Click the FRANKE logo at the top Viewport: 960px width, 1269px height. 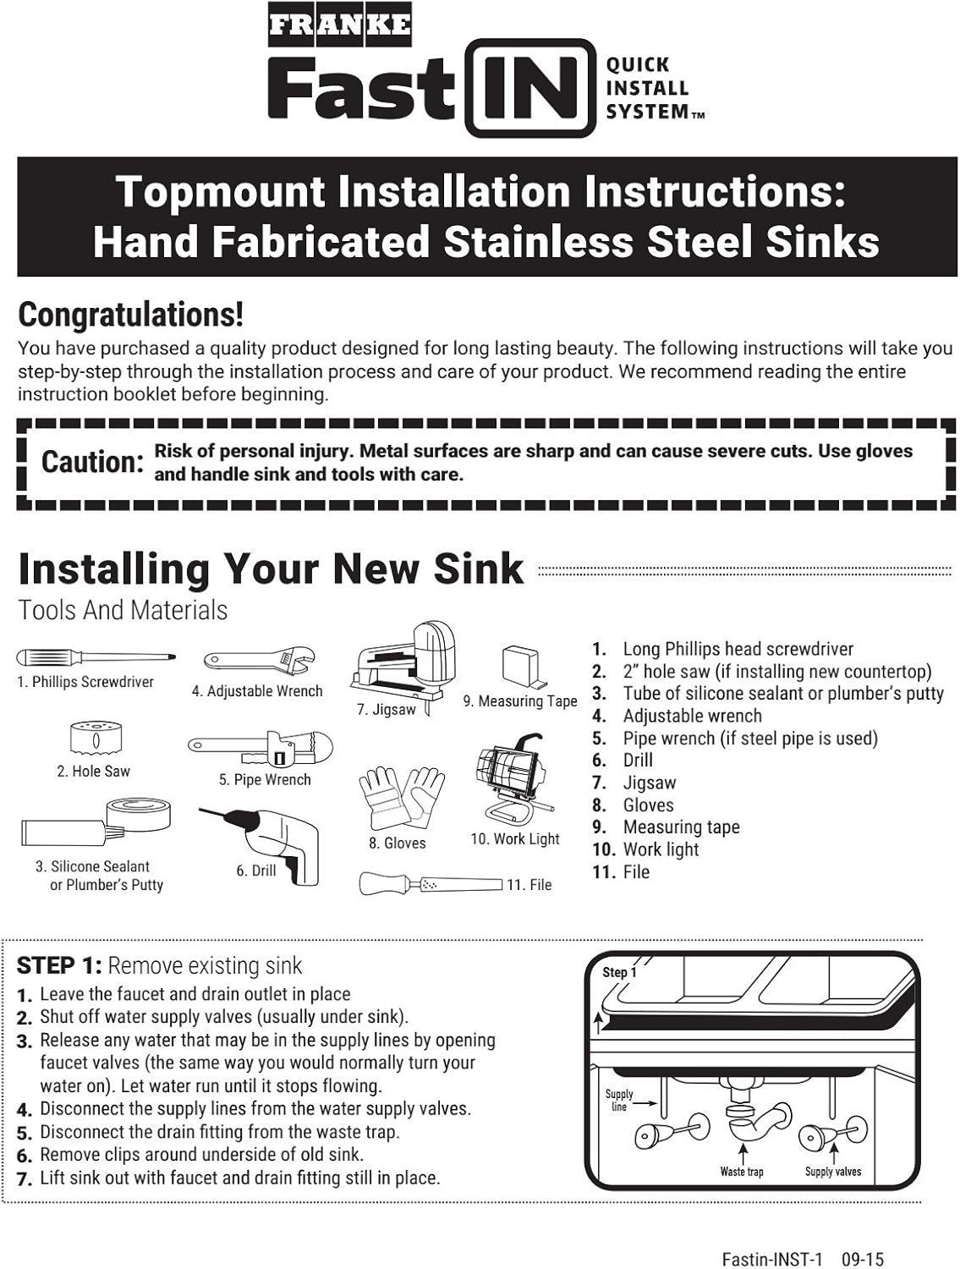click(x=339, y=25)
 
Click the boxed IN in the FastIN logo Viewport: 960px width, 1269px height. click(x=530, y=88)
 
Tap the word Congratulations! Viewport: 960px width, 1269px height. click(x=130, y=315)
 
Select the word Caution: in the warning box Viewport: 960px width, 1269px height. click(x=92, y=462)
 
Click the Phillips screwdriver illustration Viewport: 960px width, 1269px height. click(x=96, y=657)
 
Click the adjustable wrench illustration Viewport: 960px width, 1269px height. click(x=259, y=662)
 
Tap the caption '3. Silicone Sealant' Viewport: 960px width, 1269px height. click(x=92, y=866)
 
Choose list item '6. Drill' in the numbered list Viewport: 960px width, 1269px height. click(x=623, y=761)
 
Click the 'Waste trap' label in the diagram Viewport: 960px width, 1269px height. click(x=742, y=1172)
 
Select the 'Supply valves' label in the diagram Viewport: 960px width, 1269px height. click(x=833, y=1172)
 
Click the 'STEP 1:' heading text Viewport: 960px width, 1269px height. click(x=59, y=966)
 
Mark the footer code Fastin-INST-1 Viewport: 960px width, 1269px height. click(x=772, y=1259)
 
